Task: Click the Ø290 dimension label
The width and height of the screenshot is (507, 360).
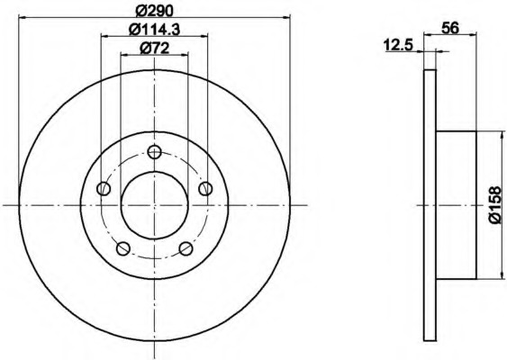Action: (x=154, y=10)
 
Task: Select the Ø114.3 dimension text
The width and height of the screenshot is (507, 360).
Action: (x=154, y=29)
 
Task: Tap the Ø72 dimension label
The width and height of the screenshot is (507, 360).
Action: (x=154, y=49)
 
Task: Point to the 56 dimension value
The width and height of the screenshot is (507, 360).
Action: (x=450, y=28)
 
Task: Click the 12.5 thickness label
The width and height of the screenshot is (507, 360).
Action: (x=399, y=46)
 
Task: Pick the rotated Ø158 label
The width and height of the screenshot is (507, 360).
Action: (x=497, y=205)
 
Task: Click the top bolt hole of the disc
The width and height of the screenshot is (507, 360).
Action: (x=154, y=151)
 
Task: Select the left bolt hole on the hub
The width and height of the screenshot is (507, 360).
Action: (x=104, y=188)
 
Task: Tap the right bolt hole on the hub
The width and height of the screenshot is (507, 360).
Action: (x=205, y=188)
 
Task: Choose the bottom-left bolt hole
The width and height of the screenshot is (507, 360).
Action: (x=122, y=248)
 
